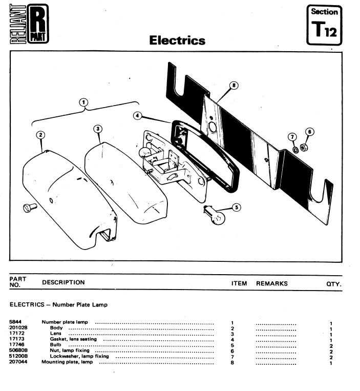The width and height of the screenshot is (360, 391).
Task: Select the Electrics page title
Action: pyautogui.click(x=177, y=40)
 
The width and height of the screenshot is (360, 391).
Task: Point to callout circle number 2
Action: pyautogui.click(x=40, y=135)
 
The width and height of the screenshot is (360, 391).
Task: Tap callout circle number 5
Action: pyautogui.click(x=236, y=207)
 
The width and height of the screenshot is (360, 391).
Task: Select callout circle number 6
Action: pyautogui.click(x=309, y=132)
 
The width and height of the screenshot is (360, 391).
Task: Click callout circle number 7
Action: pyautogui.click(x=292, y=137)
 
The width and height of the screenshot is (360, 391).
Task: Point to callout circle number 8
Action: pyautogui.click(x=235, y=86)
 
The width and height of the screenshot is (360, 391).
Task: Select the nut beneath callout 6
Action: pyautogui.click(x=304, y=148)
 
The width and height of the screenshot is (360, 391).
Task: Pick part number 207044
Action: pyautogui.click(x=18, y=363)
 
